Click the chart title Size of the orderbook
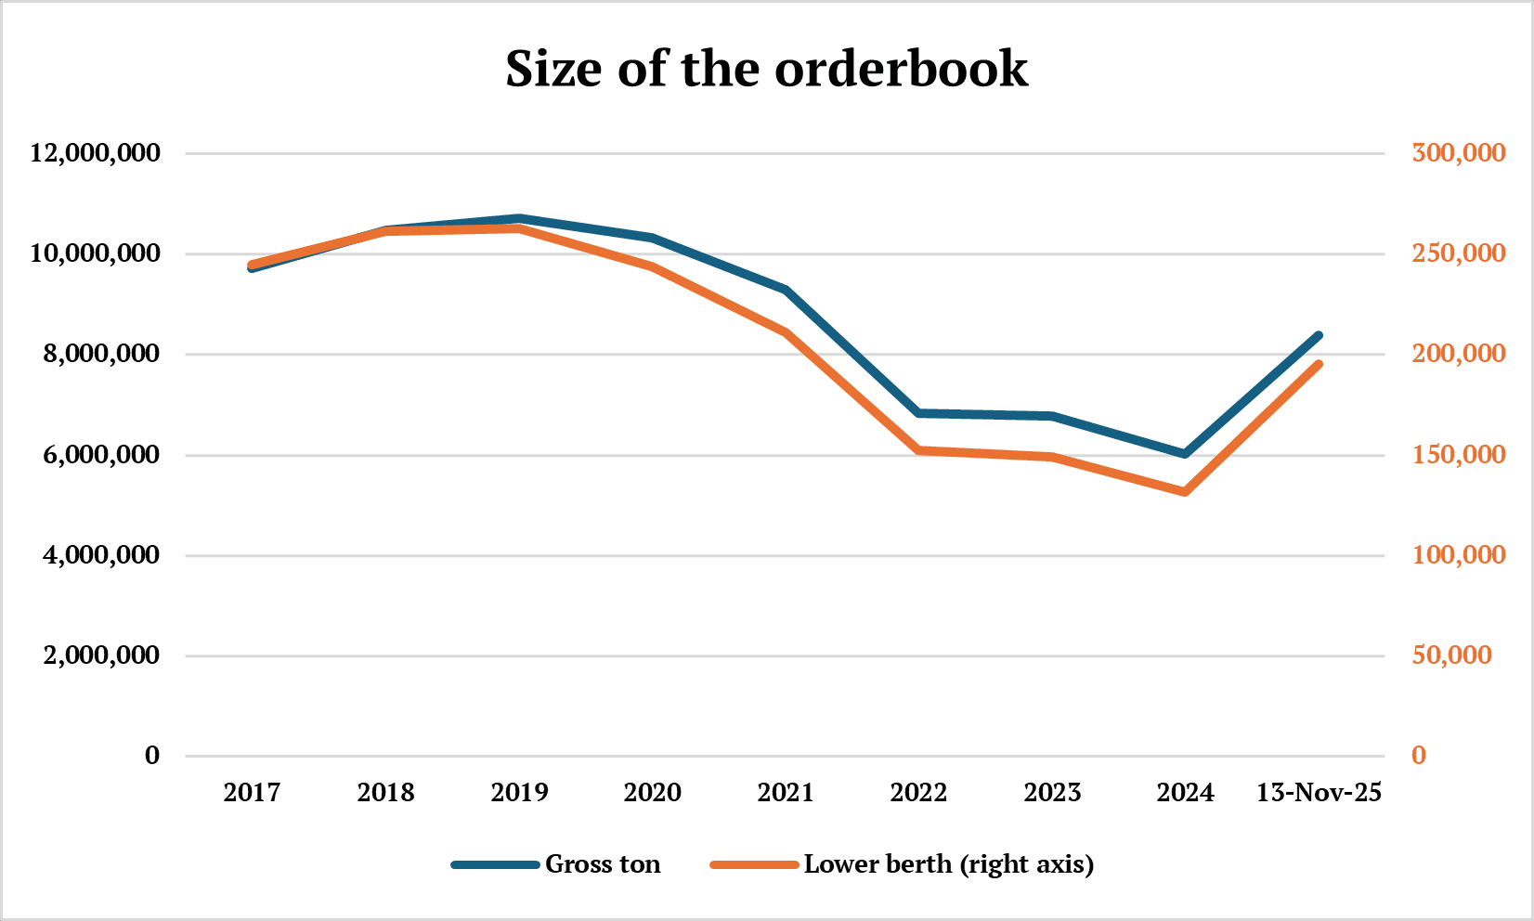(x=766, y=69)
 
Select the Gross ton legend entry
(x=602, y=864)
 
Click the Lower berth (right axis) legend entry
(x=948, y=864)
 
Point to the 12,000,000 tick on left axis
(x=96, y=152)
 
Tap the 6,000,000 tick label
(x=101, y=455)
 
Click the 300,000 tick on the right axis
(x=1458, y=152)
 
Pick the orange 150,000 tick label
(x=1458, y=455)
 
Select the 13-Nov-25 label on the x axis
(x=1319, y=793)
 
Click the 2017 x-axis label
(x=252, y=793)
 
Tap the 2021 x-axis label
(x=786, y=793)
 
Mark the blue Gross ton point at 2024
(x=1186, y=454)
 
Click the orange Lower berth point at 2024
(x=1186, y=492)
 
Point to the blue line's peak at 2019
(x=519, y=218)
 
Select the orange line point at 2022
(x=919, y=450)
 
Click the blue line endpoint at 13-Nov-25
(x=1319, y=335)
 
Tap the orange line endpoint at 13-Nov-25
(x=1319, y=364)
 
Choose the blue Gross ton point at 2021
(x=786, y=291)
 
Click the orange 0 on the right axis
(x=1418, y=756)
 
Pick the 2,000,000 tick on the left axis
(x=101, y=655)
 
